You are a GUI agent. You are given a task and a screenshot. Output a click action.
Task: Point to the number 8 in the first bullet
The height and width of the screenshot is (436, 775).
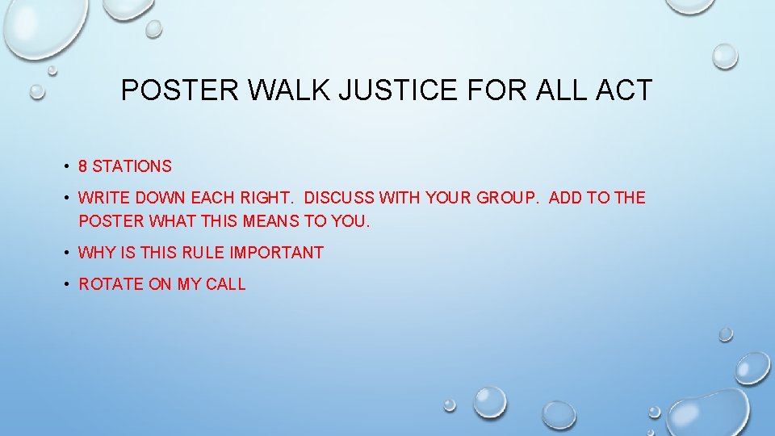82,167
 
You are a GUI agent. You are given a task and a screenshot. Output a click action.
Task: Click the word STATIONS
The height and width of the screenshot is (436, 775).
132,167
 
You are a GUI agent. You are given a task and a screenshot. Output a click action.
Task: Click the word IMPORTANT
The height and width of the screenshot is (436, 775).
276,253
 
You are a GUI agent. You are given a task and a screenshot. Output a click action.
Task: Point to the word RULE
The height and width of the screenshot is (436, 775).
203,253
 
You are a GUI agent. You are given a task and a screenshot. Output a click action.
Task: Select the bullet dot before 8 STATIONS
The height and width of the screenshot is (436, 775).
64,168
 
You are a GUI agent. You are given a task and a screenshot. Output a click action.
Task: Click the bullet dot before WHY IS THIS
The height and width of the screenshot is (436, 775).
64,254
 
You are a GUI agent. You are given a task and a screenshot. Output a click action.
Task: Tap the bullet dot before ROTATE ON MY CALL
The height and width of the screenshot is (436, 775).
64,285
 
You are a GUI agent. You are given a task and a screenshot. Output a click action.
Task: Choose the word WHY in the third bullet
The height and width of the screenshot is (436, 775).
97,253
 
